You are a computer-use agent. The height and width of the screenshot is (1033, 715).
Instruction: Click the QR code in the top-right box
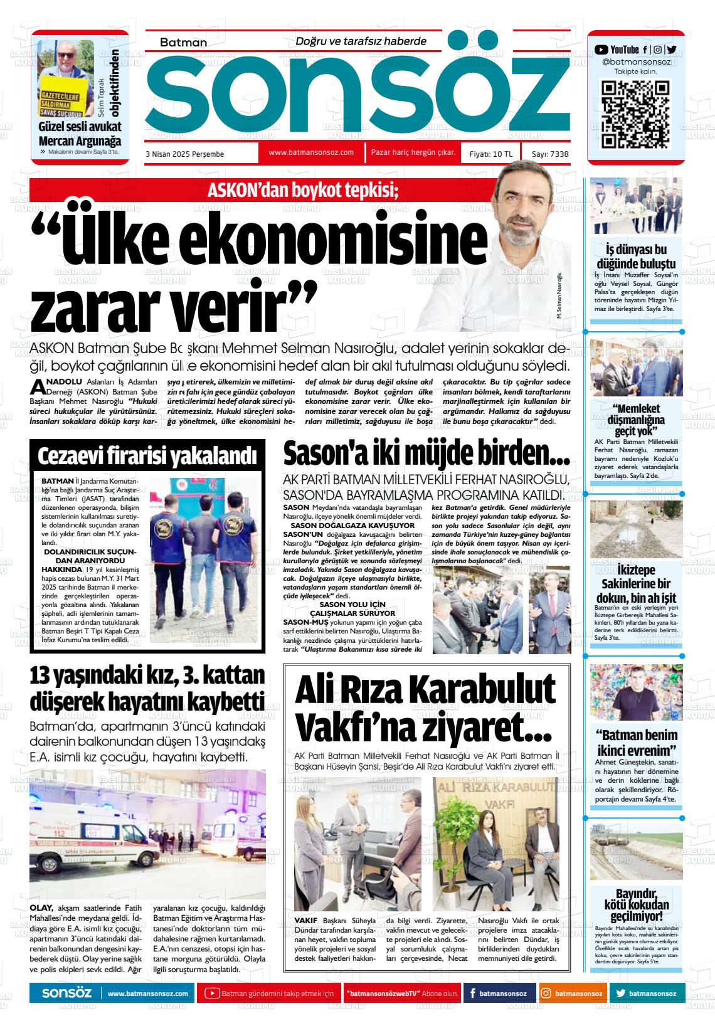tap(635, 115)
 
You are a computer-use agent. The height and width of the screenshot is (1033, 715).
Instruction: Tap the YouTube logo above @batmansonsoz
tap(601, 50)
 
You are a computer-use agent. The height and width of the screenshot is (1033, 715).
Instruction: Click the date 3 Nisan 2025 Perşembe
tap(184, 154)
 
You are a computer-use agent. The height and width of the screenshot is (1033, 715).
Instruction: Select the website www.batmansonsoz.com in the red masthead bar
tap(311, 152)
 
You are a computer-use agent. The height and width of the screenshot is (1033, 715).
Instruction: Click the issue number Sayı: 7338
tap(549, 154)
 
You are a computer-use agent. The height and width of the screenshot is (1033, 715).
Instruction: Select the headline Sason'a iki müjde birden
tap(426, 453)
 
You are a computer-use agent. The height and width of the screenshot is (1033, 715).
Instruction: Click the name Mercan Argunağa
tap(80, 141)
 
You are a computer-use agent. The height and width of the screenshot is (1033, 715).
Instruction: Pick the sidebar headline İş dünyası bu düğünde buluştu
tap(635, 257)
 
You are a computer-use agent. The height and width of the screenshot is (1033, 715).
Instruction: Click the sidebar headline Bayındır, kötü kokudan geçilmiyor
tap(635, 904)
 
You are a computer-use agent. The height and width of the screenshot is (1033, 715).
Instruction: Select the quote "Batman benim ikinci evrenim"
tap(635, 743)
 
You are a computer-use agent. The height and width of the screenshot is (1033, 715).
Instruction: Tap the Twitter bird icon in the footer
tap(621, 993)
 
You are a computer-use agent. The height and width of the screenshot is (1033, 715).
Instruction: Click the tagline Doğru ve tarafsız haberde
tap(361, 41)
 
